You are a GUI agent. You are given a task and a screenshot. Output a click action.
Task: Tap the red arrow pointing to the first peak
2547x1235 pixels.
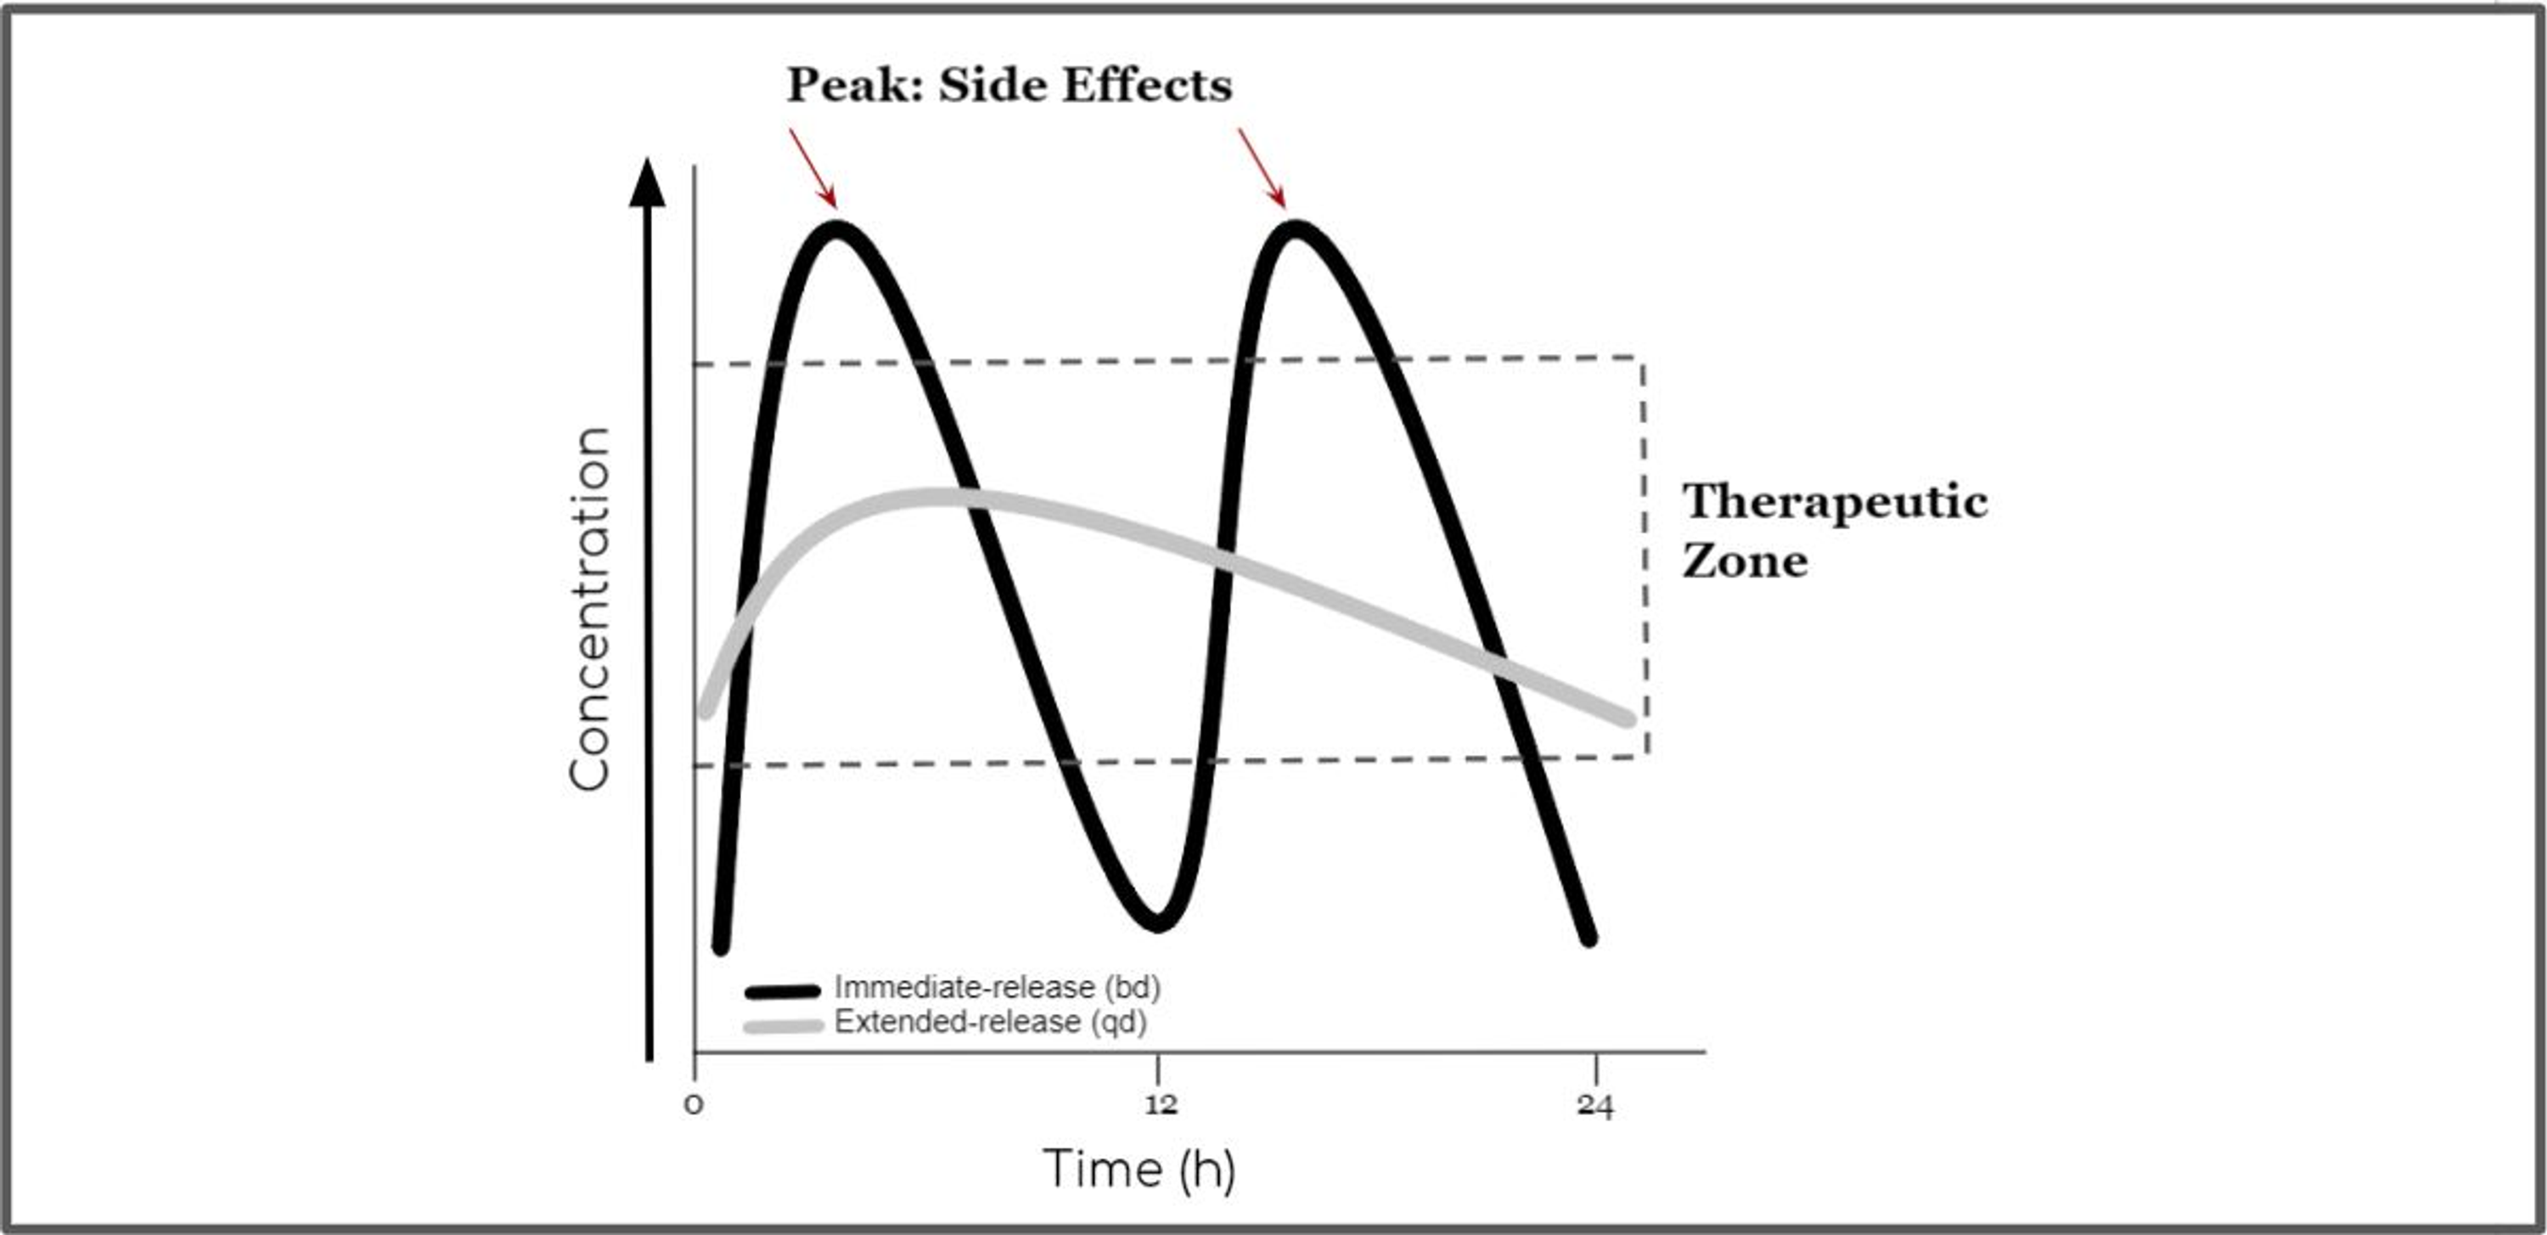point(812,168)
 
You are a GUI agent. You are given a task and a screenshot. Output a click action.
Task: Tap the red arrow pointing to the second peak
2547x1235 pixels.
point(1262,168)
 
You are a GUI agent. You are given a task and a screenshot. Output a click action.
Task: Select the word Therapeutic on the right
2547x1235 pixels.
point(1835,501)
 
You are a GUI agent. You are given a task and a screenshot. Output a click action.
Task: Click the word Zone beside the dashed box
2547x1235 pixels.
point(1746,561)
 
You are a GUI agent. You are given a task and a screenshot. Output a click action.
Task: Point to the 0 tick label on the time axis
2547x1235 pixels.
point(694,1104)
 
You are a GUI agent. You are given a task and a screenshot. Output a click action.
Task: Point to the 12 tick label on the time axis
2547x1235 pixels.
point(1161,1104)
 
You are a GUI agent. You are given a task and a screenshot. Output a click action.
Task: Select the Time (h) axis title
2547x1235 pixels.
point(1139,1169)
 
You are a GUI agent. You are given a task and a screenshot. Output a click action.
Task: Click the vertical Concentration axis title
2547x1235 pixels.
point(589,609)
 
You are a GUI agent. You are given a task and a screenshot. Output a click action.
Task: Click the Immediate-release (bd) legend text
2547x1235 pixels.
point(997,987)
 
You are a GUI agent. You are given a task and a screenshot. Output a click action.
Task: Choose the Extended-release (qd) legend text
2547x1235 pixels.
point(990,1022)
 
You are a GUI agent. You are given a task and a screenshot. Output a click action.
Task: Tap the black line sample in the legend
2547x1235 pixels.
point(783,990)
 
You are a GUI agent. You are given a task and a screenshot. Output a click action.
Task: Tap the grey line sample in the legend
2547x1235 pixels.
point(783,1025)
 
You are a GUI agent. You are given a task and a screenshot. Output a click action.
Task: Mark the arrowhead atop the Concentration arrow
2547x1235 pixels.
point(648,183)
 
